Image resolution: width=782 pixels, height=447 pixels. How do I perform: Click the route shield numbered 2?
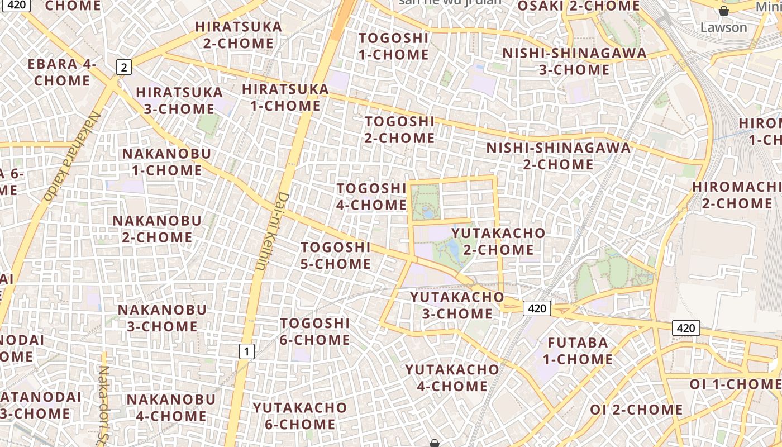124,68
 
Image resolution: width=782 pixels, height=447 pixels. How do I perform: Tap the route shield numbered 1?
246,351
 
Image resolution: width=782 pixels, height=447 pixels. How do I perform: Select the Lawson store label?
723,27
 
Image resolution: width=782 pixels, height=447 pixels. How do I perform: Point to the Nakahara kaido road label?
71,156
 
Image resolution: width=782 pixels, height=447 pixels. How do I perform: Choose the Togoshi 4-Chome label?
371,197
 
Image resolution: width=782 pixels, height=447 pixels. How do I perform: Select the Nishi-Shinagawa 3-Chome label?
574,61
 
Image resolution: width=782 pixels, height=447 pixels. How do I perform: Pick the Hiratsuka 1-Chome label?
285,97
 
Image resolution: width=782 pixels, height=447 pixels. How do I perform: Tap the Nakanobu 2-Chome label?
157,229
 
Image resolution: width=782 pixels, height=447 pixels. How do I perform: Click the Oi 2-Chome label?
636,410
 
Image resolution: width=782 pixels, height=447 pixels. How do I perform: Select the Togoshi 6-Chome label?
315,331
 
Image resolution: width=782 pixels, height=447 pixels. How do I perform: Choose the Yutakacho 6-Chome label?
299,416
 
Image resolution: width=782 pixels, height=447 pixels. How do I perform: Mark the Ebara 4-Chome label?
62,72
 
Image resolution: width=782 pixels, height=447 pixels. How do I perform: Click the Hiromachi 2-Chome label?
736,195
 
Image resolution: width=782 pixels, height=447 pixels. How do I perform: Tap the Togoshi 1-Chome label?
394,46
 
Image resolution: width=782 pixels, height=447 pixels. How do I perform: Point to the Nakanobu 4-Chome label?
170,407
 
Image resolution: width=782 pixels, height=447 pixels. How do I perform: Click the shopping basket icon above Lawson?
723,11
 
